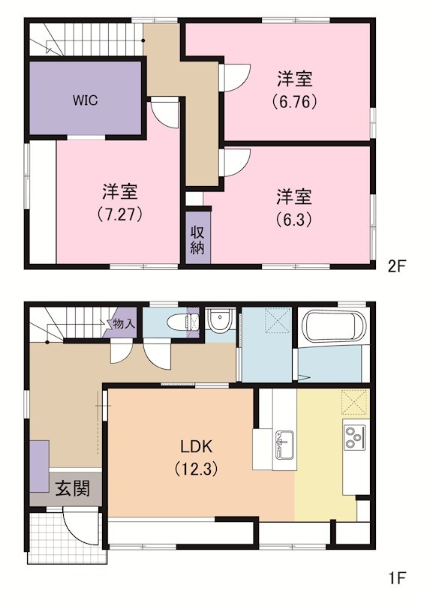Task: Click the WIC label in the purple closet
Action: (x=86, y=99)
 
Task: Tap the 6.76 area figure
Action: (x=294, y=100)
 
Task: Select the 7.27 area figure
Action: (x=119, y=214)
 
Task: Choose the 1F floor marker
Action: (x=397, y=578)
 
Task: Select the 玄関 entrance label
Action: (x=73, y=489)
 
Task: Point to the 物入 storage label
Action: (x=123, y=323)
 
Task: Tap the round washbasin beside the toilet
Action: (x=220, y=322)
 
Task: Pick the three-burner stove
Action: (x=353, y=435)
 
